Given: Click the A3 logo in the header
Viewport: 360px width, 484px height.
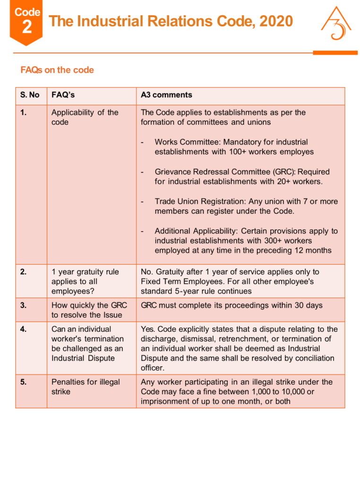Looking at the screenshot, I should (336, 24).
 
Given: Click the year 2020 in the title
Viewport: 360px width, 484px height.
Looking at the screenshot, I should (275, 21).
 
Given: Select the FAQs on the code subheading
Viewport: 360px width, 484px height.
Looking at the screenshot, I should (57, 70).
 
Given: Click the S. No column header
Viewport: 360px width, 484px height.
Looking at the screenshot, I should (30, 95).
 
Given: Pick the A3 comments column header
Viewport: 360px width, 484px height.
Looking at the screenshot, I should (166, 95).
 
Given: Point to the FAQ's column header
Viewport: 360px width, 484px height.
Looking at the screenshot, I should (63, 95).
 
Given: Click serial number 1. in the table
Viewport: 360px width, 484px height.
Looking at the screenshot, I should (24, 112).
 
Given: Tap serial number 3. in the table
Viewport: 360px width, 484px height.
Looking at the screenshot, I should (24, 305).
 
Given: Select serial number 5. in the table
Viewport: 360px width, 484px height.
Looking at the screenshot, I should (24, 382).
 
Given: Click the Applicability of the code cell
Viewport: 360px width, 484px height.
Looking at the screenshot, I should (85, 117).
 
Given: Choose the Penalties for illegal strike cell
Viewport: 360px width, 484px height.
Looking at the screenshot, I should (86, 387).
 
